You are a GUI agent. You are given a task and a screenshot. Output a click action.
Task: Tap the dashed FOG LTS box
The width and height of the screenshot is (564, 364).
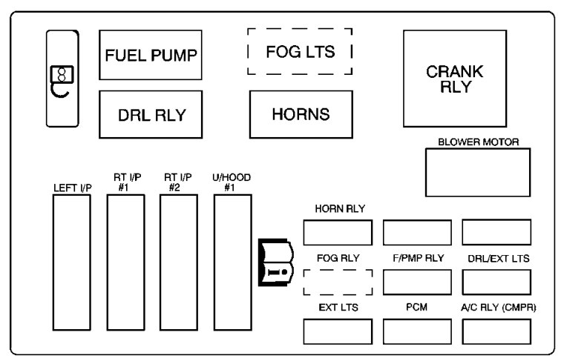point(300,52)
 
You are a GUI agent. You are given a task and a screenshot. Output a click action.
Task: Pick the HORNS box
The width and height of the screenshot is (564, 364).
point(300,114)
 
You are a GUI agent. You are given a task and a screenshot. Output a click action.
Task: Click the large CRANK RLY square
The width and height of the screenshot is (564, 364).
point(454,79)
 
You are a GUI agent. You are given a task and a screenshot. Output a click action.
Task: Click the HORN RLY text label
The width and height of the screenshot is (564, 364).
point(337,208)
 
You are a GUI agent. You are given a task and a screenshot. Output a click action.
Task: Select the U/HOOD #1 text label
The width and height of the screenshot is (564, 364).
point(231,183)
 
